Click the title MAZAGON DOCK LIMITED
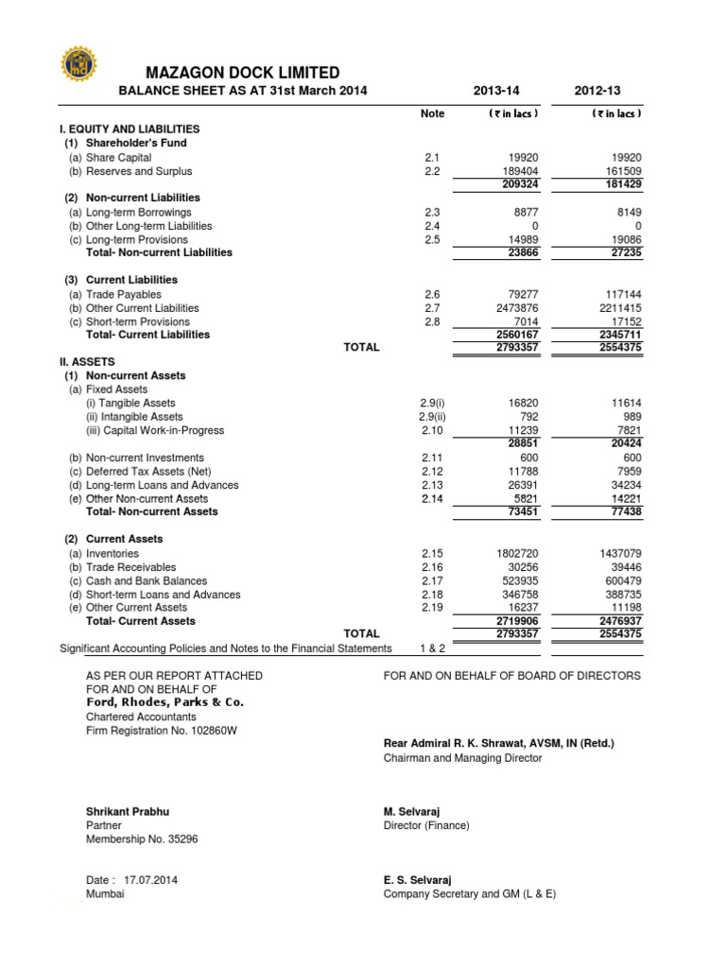click(x=242, y=73)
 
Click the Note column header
click(x=432, y=113)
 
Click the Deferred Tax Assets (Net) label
click(x=153, y=472)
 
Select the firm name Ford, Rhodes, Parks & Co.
click(x=164, y=703)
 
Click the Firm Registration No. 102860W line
click(x=161, y=731)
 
